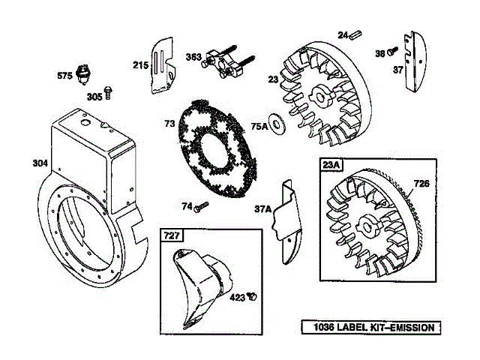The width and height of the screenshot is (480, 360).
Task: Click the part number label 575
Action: (66, 75)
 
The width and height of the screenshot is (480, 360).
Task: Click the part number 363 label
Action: (193, 57)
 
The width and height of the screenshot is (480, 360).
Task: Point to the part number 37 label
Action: (398, 70)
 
